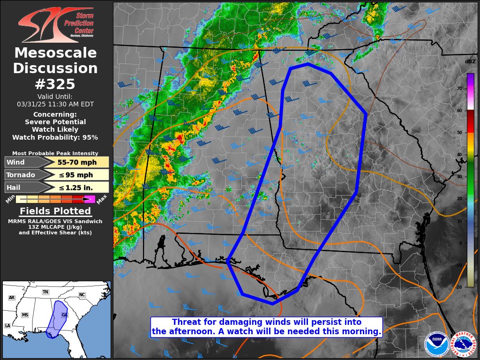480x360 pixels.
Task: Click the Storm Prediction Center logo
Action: pos(55,24)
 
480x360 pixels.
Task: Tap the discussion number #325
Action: pos(55,84)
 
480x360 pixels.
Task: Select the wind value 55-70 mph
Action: pos(77,163)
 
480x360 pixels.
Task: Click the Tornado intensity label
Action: pos(21,175)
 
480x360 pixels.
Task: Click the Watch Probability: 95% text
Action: pos(55,137)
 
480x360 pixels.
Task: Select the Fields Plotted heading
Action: pos(55,211)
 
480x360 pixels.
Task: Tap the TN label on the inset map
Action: pos(45,292)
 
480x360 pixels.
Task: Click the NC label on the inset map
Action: pos(82,295)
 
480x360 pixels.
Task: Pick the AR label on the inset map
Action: pos(12,298)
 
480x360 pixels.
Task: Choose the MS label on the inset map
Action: pos(25,315)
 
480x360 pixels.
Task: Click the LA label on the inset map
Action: pos(7,326)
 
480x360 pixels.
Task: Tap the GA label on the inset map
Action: pos(65,315)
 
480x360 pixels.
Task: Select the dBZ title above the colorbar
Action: pos(470,62)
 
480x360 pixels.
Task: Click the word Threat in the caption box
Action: pos(185,322)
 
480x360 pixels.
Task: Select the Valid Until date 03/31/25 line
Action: pos(55,104)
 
